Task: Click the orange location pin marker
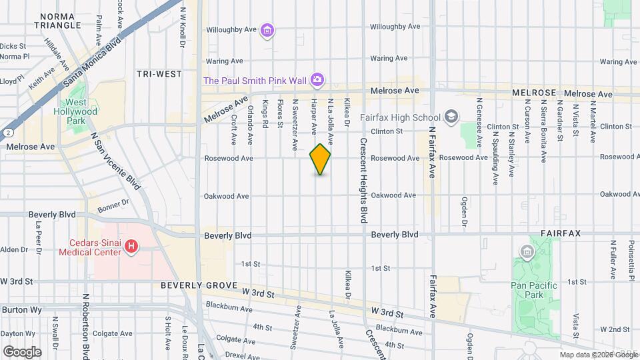(320, 159)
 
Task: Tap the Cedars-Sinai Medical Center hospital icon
(131, 247)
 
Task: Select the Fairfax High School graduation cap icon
(452, 117)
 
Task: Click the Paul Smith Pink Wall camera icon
(317, 81)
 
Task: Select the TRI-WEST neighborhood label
(159, 74)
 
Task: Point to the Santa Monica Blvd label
(93, 62)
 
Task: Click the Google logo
(21, 352)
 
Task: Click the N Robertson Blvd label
(85, 324)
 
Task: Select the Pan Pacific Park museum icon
(527, 252)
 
